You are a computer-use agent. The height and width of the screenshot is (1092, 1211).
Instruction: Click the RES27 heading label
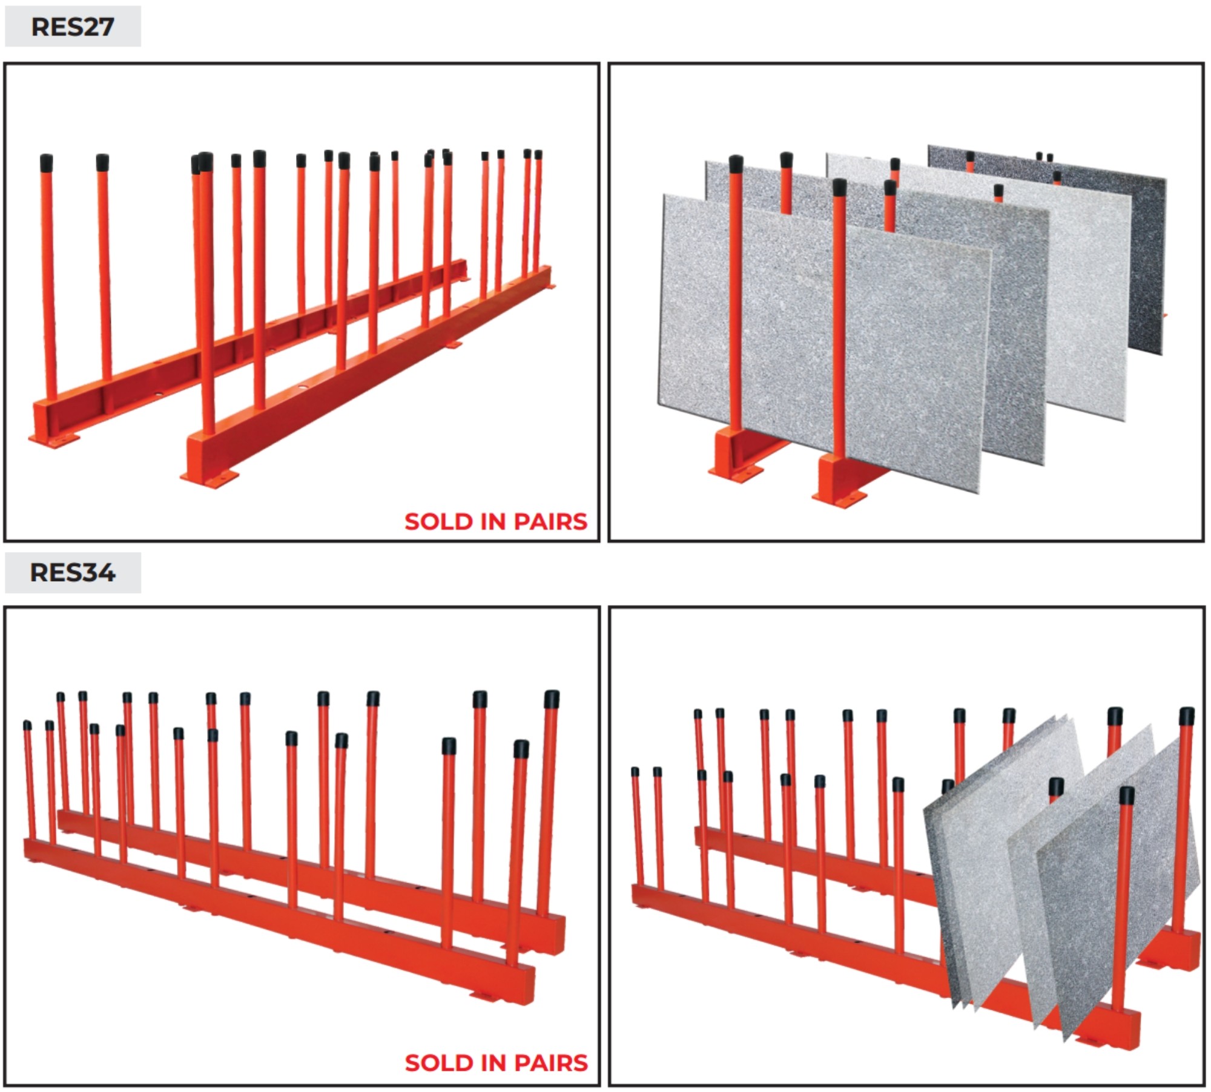tap(73, 27)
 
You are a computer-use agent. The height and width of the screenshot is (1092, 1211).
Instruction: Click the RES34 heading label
tap(73, 573)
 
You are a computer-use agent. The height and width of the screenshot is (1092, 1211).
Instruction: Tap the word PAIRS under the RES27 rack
tap(550, 522)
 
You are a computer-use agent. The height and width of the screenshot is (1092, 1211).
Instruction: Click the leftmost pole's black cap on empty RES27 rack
tap(46, 162)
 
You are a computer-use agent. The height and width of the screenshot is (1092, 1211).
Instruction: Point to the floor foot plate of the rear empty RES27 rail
tap(54, 440)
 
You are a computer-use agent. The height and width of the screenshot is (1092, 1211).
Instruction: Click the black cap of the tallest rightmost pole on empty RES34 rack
tap(552, 699)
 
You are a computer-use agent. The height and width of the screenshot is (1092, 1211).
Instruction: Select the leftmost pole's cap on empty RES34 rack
tap(27, 725)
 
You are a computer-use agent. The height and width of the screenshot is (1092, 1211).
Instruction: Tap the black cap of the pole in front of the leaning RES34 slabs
tap(1127, 795)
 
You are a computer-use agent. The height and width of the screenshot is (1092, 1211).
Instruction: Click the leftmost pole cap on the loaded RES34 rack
tap(635, 772)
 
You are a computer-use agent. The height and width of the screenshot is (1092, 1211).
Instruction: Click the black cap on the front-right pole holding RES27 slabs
tap(839, 187)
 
